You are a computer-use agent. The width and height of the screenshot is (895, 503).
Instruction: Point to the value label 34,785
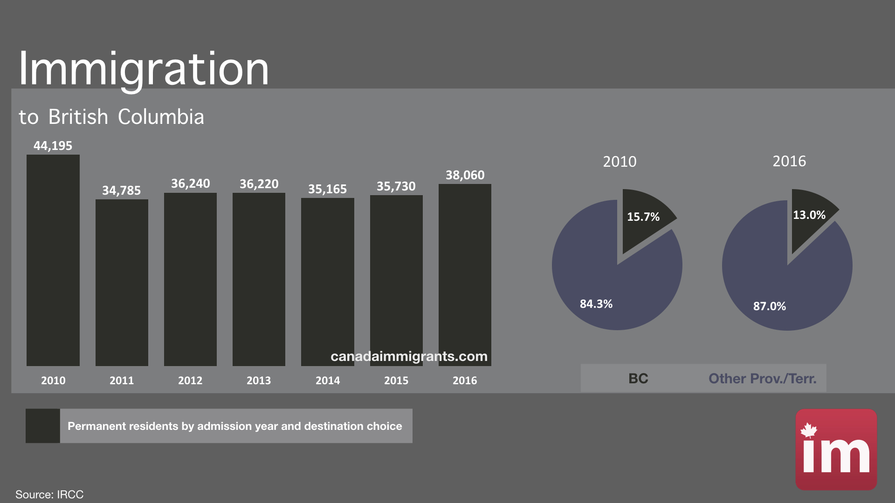click(x=121, y=190)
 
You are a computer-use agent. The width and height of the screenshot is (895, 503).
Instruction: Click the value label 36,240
click(x=190, y=184)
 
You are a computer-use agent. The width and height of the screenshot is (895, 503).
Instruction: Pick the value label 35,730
click(x=396, y=186)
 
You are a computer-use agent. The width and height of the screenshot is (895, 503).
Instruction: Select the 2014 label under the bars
click(x=327, y=381)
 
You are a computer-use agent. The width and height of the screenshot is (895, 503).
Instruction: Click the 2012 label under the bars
click(x=190, y=381)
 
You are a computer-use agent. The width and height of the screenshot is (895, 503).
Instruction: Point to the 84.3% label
click(x=596, y=304)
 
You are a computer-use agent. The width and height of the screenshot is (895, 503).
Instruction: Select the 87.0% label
click(x=769, y=306)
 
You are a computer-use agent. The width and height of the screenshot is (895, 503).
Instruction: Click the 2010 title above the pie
click(x=620, y=162)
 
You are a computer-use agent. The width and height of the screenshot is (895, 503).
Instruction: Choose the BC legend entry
click(x=638, y=379)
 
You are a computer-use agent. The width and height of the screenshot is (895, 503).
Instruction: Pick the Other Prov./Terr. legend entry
click(x=762, y=379)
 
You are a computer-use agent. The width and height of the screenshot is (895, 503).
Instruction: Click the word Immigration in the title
click(x=144, y=69)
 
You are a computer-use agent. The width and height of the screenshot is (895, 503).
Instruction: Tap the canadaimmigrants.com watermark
click(x=409, y=356)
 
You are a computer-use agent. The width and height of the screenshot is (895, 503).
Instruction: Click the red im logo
click(x=836, y=449)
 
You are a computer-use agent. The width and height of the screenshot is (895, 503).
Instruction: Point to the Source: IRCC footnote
click(x=49, y=494)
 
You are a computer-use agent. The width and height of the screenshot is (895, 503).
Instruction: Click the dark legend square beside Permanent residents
click(x=42, y=426)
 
